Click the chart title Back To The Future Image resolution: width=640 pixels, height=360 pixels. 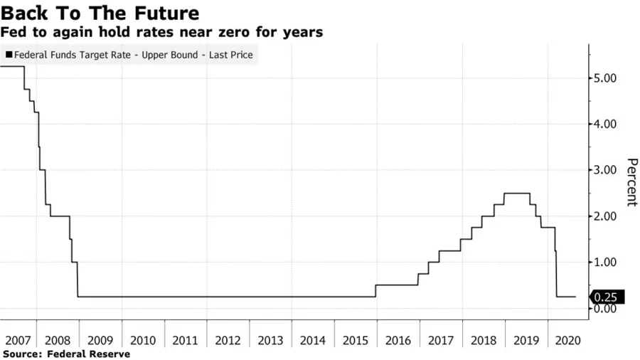(100, 13)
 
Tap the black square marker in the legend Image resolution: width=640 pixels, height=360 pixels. (9, 54)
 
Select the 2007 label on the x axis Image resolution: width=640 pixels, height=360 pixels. (16, 341)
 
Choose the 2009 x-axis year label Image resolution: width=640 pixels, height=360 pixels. (100, 341)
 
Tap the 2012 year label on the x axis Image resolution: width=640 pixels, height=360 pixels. (228, 341)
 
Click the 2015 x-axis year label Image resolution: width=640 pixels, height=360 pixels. (356, 341)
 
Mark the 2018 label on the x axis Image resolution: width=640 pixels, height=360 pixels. (484, 341)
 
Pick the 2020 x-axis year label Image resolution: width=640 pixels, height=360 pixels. (568, 341)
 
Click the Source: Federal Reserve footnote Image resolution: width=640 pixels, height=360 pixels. (67, 354)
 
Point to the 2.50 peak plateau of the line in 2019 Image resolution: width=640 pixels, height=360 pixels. (516, 194)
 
